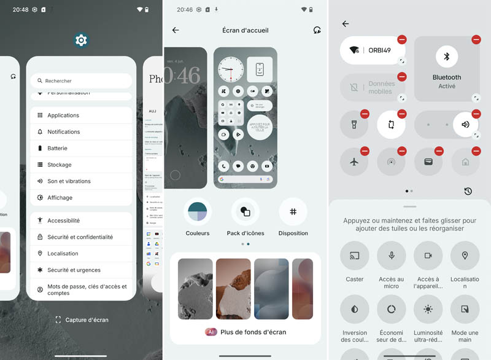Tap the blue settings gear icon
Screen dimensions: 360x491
coord(81,41)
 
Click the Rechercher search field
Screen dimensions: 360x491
coord(81,80)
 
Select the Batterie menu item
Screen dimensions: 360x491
coord(81,148)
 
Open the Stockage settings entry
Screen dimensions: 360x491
coord(81,165)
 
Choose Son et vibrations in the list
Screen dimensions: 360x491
coord(81,181)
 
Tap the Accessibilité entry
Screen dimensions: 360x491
coord(81,221)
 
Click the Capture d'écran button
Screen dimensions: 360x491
coord(82,319)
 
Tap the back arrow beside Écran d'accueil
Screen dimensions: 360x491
coord(176,30)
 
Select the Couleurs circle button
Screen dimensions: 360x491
coord(198,212)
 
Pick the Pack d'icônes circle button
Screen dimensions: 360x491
coord(245,212)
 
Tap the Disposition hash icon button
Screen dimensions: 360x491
coord(293,212)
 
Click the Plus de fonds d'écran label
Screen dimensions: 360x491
coord(253,332)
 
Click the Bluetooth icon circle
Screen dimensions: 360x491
coord(447,57)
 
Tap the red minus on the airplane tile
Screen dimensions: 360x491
coord(365,151)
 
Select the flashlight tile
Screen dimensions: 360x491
coord(354,125)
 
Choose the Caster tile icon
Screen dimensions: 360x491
coord(354,256)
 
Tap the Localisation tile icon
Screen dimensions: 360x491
coord(465,256)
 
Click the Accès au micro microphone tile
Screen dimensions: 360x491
coord(391,256)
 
